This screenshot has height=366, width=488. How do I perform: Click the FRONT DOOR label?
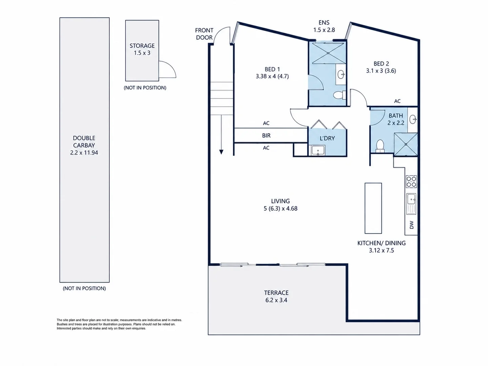[204, 34]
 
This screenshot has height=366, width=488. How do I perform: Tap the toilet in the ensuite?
[340, 95]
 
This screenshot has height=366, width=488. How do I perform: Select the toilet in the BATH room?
[380, 146]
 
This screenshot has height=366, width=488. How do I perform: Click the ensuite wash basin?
[341, 75]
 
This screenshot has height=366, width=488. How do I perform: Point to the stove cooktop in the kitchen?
[411, 181]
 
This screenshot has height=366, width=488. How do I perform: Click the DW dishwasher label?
[411, 225]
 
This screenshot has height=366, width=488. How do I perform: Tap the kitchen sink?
[411, 204]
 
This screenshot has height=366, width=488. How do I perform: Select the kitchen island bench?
[373, 208]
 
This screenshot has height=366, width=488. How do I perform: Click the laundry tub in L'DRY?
[318, 150]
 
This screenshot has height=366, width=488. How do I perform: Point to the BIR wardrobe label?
[266, 135]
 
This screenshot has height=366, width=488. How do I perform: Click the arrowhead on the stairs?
[221, 152]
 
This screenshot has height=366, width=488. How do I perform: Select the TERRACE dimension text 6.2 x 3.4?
[276, 300]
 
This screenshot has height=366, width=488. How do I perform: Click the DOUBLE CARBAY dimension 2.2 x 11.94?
[84, 152]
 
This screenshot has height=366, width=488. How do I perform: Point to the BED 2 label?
[381, 64]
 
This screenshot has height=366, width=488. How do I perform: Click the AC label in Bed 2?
[397, 101]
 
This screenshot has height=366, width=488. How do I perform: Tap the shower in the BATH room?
[406, 144]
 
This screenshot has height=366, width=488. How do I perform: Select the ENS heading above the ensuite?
[324, 22]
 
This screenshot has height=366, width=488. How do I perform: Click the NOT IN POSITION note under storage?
[145, 88]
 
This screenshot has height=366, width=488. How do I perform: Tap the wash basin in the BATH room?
[413, 120]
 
